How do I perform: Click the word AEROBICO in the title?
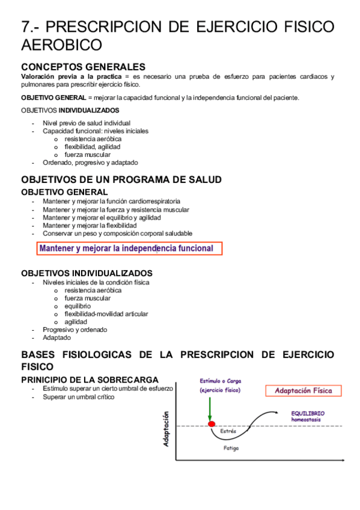(x=61, y=45)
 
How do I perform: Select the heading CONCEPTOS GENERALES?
(x=83, y=67)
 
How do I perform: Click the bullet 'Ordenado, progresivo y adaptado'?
(x=90, y=162)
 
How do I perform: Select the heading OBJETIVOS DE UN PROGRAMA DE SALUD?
(x=121, y=179)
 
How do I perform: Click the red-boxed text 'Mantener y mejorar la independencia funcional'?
(x=127, y=248)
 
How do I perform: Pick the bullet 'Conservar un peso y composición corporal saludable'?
(x=117, y=233)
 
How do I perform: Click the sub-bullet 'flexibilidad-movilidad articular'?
(x=106, y=314)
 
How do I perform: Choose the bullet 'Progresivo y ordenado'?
(x=75, y=330)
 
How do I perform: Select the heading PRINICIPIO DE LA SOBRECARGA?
(x=90, y=379)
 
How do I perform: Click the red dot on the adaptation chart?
(x=211, y=425)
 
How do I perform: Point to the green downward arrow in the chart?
(x=210, y=409)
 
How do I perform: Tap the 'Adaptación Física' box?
(x=303, y=391)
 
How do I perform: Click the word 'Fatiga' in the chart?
(x=232, y=449)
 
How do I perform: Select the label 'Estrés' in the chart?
(x=228, y=431)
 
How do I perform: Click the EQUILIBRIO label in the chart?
(x=308, y=413)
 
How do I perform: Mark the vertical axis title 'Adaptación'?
(x=166, y=429)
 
